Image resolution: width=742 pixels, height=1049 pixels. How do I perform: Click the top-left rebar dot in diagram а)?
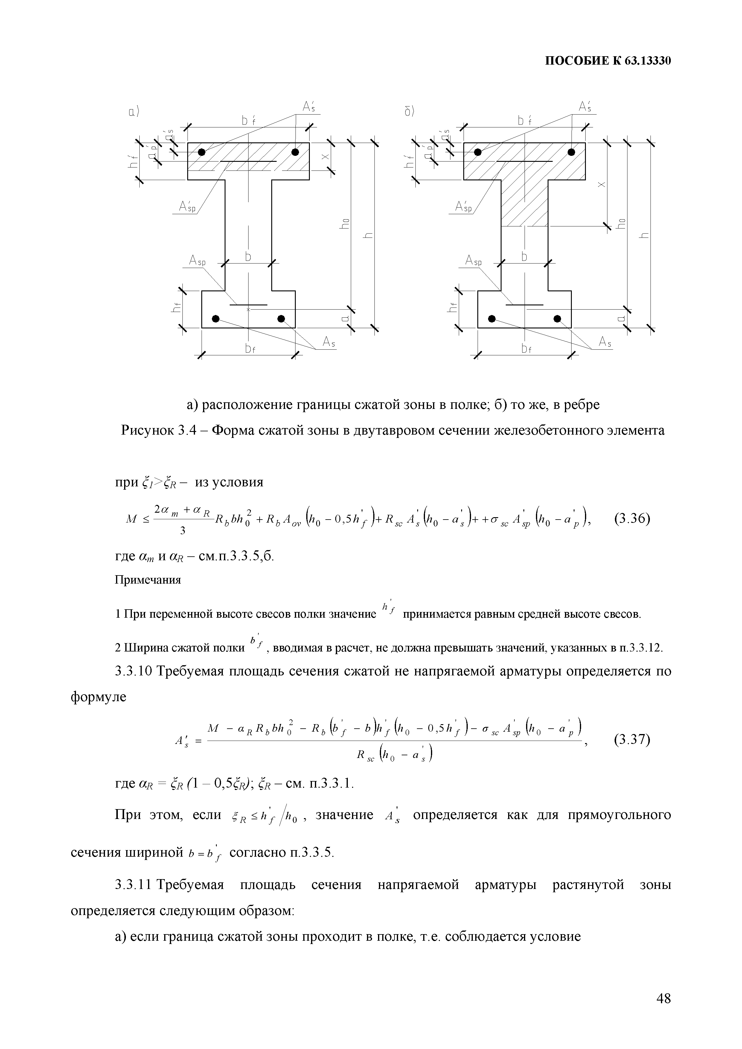[x=202, y=152]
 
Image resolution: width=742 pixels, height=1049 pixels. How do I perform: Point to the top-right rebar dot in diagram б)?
[x=571, y=152]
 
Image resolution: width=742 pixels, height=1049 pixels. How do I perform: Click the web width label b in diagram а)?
[x=248, y=257]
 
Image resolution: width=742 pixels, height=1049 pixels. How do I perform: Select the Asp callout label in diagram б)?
[x=473, y=261]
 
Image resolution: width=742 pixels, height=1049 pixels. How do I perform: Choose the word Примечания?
[x=147, y=580]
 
